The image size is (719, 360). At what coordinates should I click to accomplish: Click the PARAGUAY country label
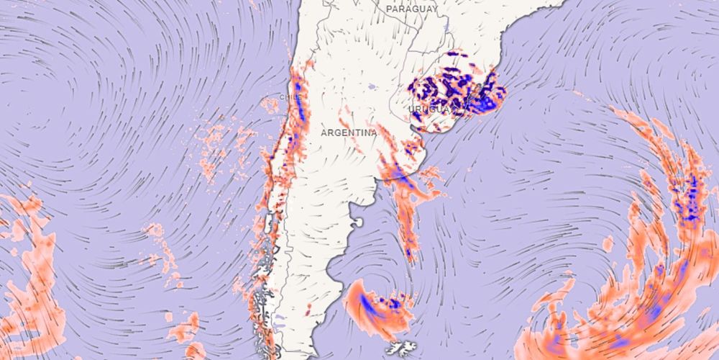pyautogui.click(x=411, y=9)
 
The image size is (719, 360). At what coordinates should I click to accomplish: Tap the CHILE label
pyautogui.click(x=289, y=96)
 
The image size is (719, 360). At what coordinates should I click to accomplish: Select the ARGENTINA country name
pyautogui.click(x=349, y=133)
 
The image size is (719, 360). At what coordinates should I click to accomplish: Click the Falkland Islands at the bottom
pyautogui.click(x=400, y=348)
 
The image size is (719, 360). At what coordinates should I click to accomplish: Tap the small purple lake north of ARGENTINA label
pyautogui.click(x=371, y=87)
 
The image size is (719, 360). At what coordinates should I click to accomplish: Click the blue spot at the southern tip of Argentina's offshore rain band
pyautogui.click(x=411, y=253)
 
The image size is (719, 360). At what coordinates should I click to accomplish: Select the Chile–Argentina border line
pyautogui.click(x=283, y=180)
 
